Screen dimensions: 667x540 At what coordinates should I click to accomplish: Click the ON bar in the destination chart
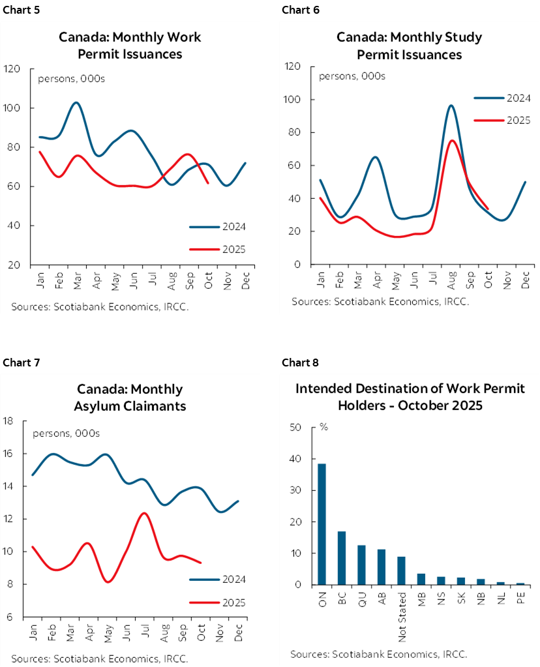click(x=322, y=524)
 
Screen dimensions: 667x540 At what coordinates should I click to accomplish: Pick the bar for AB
click(x=382, y=567)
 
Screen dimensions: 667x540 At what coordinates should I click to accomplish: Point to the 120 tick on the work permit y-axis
click(x=12, y=68)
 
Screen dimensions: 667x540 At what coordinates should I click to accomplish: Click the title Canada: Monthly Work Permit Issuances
click(x=130, y=45)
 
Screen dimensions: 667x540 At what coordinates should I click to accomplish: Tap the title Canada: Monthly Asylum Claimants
click(x=130, y=397)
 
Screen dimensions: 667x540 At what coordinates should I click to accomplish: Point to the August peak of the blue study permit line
click(x=451, y=106)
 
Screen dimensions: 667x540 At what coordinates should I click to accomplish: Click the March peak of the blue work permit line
click(x=76, y=103)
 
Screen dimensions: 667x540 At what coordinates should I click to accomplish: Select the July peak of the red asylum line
click(x=144, y=513)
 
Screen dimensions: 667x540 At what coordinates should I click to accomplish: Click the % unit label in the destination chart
click(x=323, y=427)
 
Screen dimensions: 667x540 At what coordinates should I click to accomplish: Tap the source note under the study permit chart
click(x=380, y=301)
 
